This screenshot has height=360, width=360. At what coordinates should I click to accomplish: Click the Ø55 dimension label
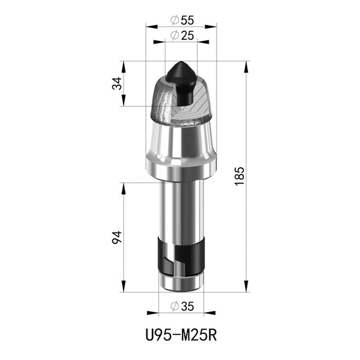pyautogui.click(x=182, y=20)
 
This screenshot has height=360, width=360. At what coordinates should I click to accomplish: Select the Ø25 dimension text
pyautogui.click(x=182, y=36)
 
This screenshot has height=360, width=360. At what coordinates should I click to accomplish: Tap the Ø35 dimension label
pyautogui.click(x=182, y=306)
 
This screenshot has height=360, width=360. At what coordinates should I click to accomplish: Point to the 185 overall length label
pyautogui.click(x=239, y=176)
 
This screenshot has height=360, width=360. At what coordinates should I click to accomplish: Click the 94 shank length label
pyautogui.click(x=117, y=238)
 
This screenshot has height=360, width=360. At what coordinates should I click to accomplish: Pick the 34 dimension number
pyautogui.click(x=117, y=84)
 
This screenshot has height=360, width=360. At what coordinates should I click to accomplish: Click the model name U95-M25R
pyautogui.click(x=181, y=335)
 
